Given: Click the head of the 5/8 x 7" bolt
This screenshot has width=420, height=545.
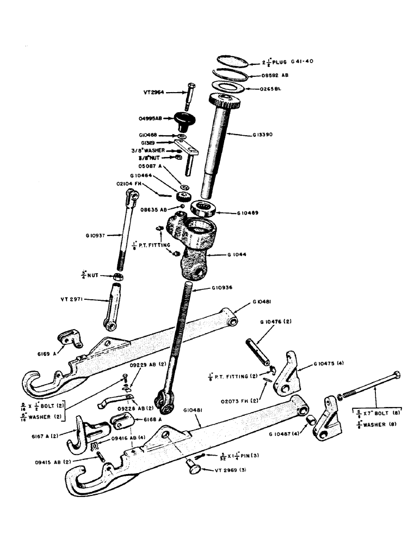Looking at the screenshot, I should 397,375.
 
